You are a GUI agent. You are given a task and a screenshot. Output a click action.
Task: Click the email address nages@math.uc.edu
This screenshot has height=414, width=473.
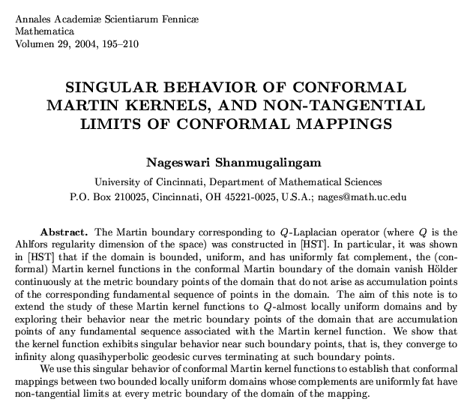pyautogui.click(x=363, y=198)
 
